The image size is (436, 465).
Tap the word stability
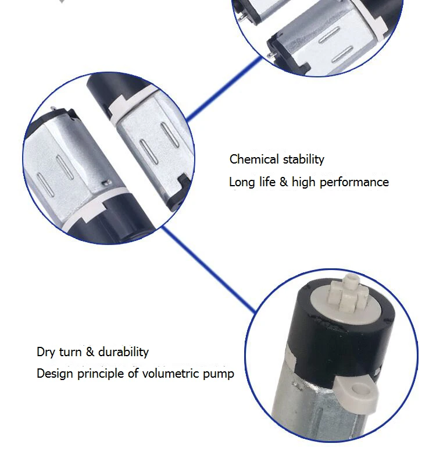[303, 159]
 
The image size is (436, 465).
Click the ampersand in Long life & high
[284, 182]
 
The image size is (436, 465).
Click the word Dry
[46, 352]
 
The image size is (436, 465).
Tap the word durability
[123, 352]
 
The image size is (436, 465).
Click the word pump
[218, 374]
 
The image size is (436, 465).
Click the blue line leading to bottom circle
[209, 271]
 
